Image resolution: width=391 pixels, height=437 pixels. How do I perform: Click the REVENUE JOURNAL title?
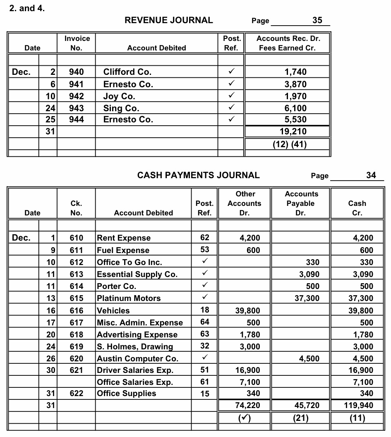pos(168,20)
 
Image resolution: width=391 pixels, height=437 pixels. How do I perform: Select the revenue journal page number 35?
pos(317,20)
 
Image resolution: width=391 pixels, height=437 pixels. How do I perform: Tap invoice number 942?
pos(76,96)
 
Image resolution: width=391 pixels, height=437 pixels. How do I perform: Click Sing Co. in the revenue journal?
pos(121,108)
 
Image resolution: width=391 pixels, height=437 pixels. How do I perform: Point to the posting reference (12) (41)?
pos(290,144)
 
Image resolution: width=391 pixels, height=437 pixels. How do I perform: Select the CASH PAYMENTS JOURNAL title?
pos(198,175)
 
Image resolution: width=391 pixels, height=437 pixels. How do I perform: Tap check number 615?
pos(76,298)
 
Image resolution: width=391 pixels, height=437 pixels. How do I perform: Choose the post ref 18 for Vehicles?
pos(205,310)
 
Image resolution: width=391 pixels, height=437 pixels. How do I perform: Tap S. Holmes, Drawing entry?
pos(135,346)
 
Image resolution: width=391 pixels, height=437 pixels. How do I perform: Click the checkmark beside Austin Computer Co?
pos(205,358)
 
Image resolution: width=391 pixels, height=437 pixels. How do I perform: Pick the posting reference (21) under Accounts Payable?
pos(300,418)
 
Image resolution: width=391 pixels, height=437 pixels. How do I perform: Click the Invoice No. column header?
pos(77,43)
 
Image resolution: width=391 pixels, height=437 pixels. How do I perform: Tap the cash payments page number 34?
pos(371,175)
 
